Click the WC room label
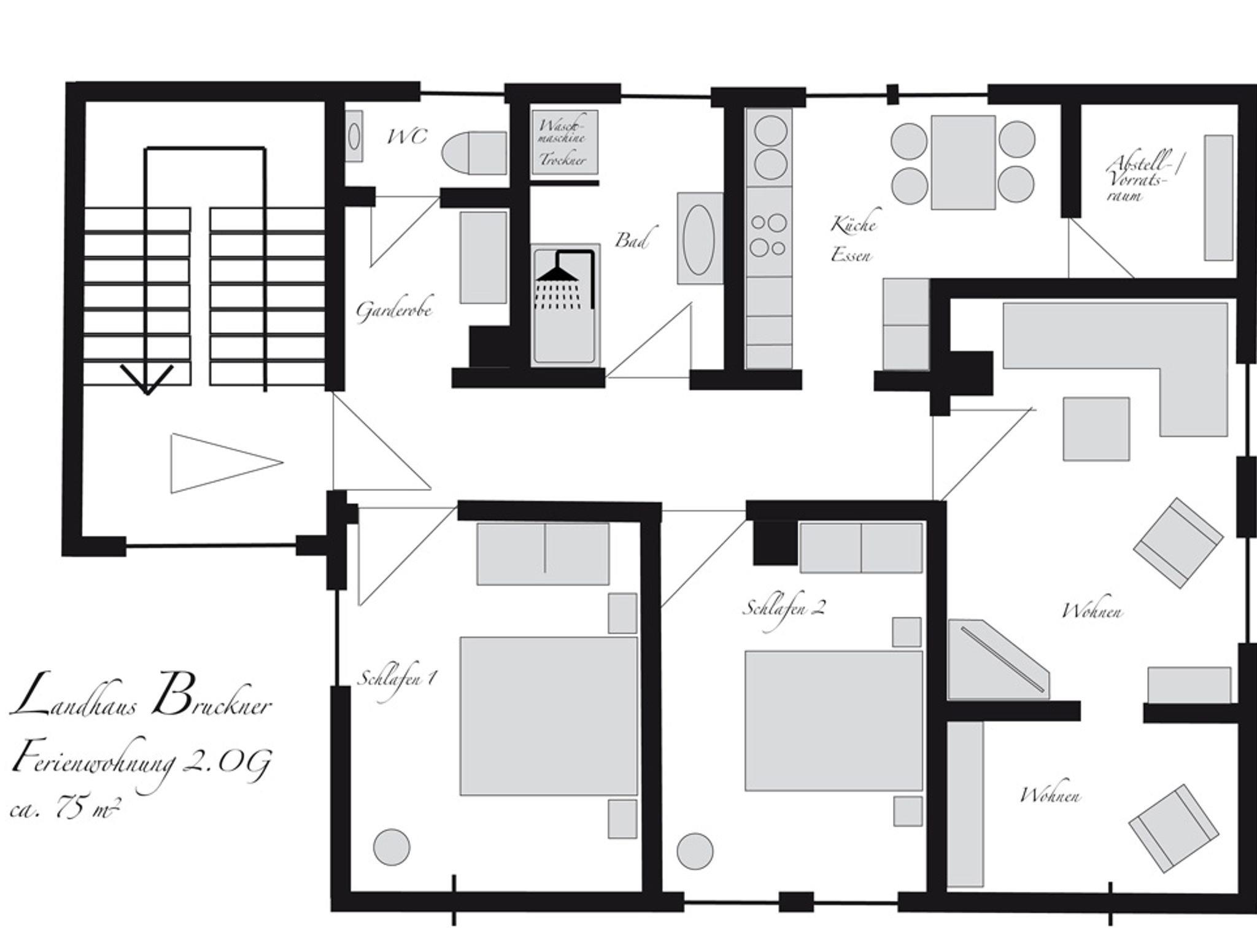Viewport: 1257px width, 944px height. pos(407,136)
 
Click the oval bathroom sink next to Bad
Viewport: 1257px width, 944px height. pos(699,239)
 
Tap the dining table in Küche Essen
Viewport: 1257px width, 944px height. pos(963,163)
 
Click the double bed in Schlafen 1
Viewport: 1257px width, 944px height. pos(549,716)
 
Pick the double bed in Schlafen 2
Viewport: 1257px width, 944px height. pos(833,721)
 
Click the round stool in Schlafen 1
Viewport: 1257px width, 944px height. pos(392,848)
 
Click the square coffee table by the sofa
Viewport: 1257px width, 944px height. pos(1096,429)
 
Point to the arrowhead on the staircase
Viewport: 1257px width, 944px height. pos(147,380)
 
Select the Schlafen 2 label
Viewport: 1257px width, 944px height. pos(784,608)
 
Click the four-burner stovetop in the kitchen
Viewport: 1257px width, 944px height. pos(768,234)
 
